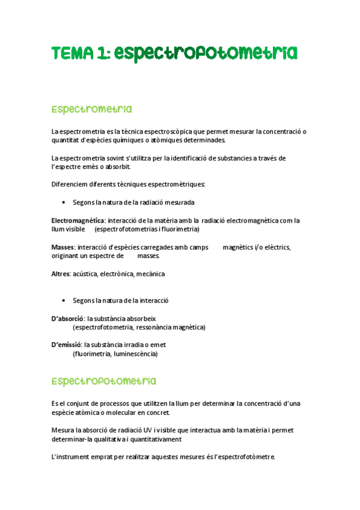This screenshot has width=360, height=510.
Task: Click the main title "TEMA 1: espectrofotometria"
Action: coord(174,54)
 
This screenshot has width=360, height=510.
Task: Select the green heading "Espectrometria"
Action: coord(91,109)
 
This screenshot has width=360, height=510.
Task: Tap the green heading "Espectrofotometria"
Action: coord(103,381)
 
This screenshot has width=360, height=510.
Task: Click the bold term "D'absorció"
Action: coord(67,318)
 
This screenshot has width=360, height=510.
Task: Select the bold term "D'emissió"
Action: coord(66,345)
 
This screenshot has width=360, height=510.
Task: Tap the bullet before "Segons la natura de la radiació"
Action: coord(64,203)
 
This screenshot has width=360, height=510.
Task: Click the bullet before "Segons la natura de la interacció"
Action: coord(64,300)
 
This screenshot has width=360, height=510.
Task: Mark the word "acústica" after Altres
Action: coord(85,274)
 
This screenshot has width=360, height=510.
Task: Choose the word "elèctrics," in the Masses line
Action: coord(275,248)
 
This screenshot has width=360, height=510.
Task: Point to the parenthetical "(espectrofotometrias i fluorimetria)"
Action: coord(147,229)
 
